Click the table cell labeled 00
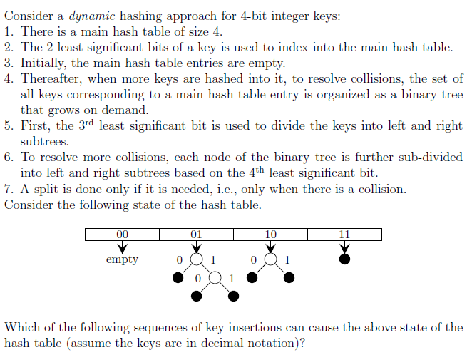(122, 234)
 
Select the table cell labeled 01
(196, 234)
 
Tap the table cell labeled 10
(270, 234)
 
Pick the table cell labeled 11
(344, 234)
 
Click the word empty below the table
(122, 260)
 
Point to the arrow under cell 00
(122, 247)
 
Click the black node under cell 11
(344, 259)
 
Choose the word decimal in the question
(252, 343)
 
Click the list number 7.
(8, 189)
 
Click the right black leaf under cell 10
(289, 278)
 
